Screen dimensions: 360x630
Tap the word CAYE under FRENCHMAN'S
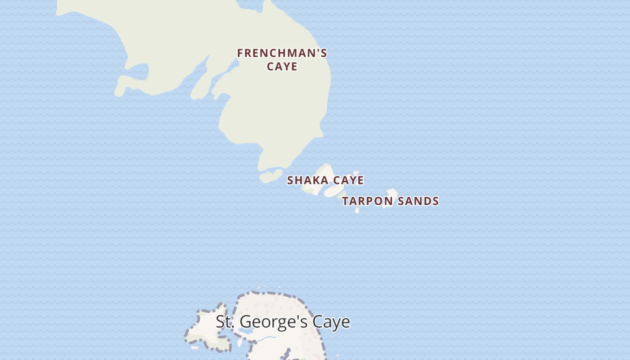coord(282,67)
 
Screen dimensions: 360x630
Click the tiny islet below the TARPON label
coord(357,210)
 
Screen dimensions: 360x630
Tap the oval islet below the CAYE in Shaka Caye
coord(333,191)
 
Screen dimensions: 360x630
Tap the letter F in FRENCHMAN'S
coord(240,53)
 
